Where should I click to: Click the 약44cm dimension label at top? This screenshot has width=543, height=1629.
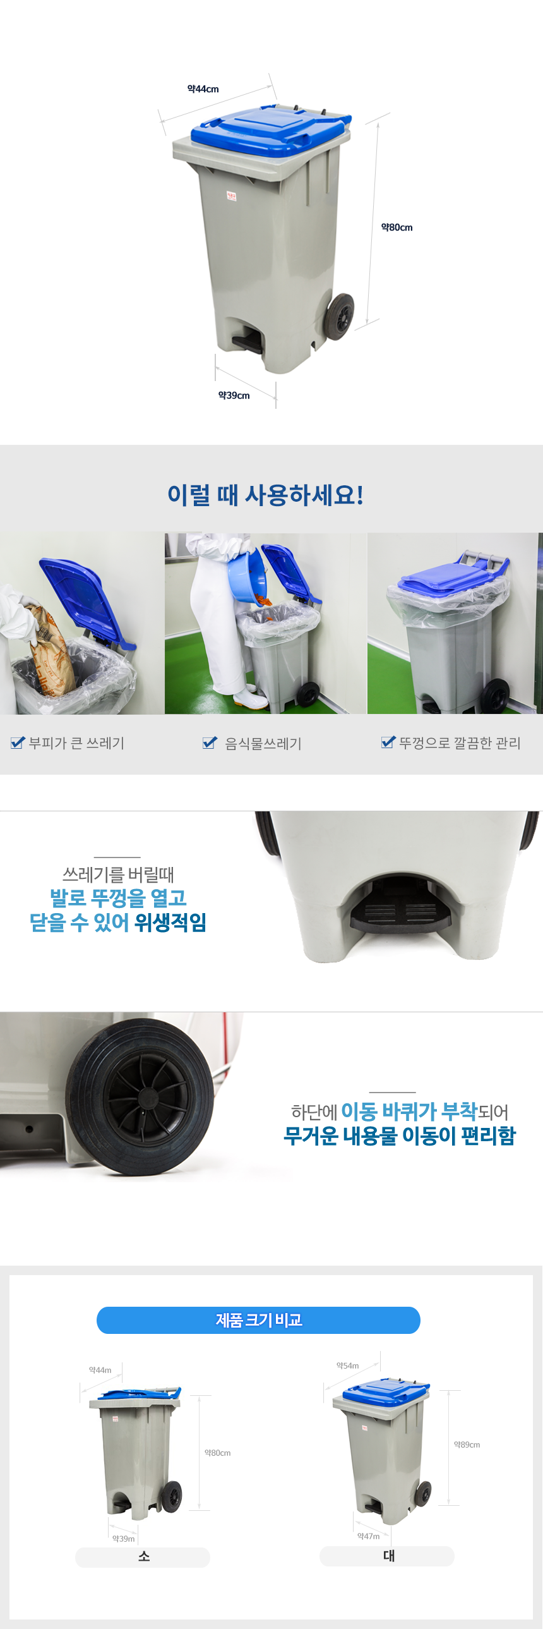[x=203, y=89]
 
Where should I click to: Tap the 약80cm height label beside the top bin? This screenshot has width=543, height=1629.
[x=397, y=227]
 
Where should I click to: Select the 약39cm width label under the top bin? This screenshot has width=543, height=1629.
[x=234, y=395]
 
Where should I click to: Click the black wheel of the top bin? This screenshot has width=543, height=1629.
[x=339, y=316]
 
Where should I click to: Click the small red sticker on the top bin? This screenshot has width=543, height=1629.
[x=231, y=197]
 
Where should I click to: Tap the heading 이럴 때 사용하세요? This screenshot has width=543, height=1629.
[x=265, y=495]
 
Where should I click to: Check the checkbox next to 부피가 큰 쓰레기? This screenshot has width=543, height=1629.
[x=18, y=742]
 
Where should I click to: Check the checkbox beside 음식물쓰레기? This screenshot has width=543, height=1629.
[x=210, y=742]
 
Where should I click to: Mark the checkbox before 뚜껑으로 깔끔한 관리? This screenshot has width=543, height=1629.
[x=388, y=742]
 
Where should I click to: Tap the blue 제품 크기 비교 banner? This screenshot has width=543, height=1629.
[x=258, y=1320]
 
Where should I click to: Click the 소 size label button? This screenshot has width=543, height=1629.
[x=143, y=1557]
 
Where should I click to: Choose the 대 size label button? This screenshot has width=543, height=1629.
[x=387, y=1556]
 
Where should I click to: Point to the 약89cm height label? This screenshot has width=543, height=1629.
[x=467, y=1444]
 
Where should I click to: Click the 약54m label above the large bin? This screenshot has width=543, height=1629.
[x=347, y=1366]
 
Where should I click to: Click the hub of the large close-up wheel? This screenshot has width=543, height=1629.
[x=145, y=1096]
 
